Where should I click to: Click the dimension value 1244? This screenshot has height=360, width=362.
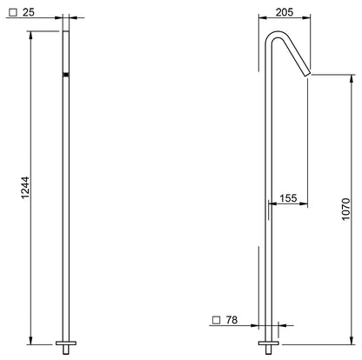click(25, 187)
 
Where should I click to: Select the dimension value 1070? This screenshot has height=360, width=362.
click(345, 210)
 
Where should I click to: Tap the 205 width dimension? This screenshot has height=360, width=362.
click(285, 12)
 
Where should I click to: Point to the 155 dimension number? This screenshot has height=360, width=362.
click(288, 198)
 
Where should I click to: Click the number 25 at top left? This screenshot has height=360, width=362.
click(29, 12)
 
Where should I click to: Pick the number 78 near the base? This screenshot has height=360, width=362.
click(231, 320)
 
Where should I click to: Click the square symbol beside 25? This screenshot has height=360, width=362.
click(13, 13)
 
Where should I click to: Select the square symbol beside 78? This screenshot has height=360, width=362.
click(217, 320)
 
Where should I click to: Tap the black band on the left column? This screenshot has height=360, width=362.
click(66, 75)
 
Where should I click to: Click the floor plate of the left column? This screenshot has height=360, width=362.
click(66, 343)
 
